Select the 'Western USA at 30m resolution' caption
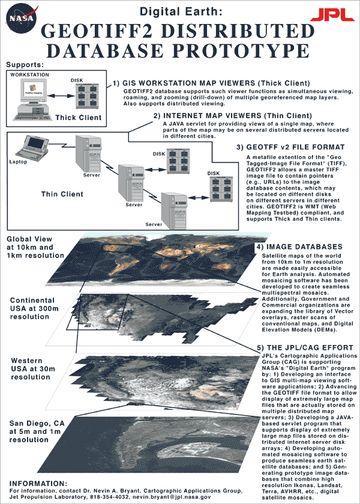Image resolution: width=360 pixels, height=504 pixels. coord(31,368)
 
